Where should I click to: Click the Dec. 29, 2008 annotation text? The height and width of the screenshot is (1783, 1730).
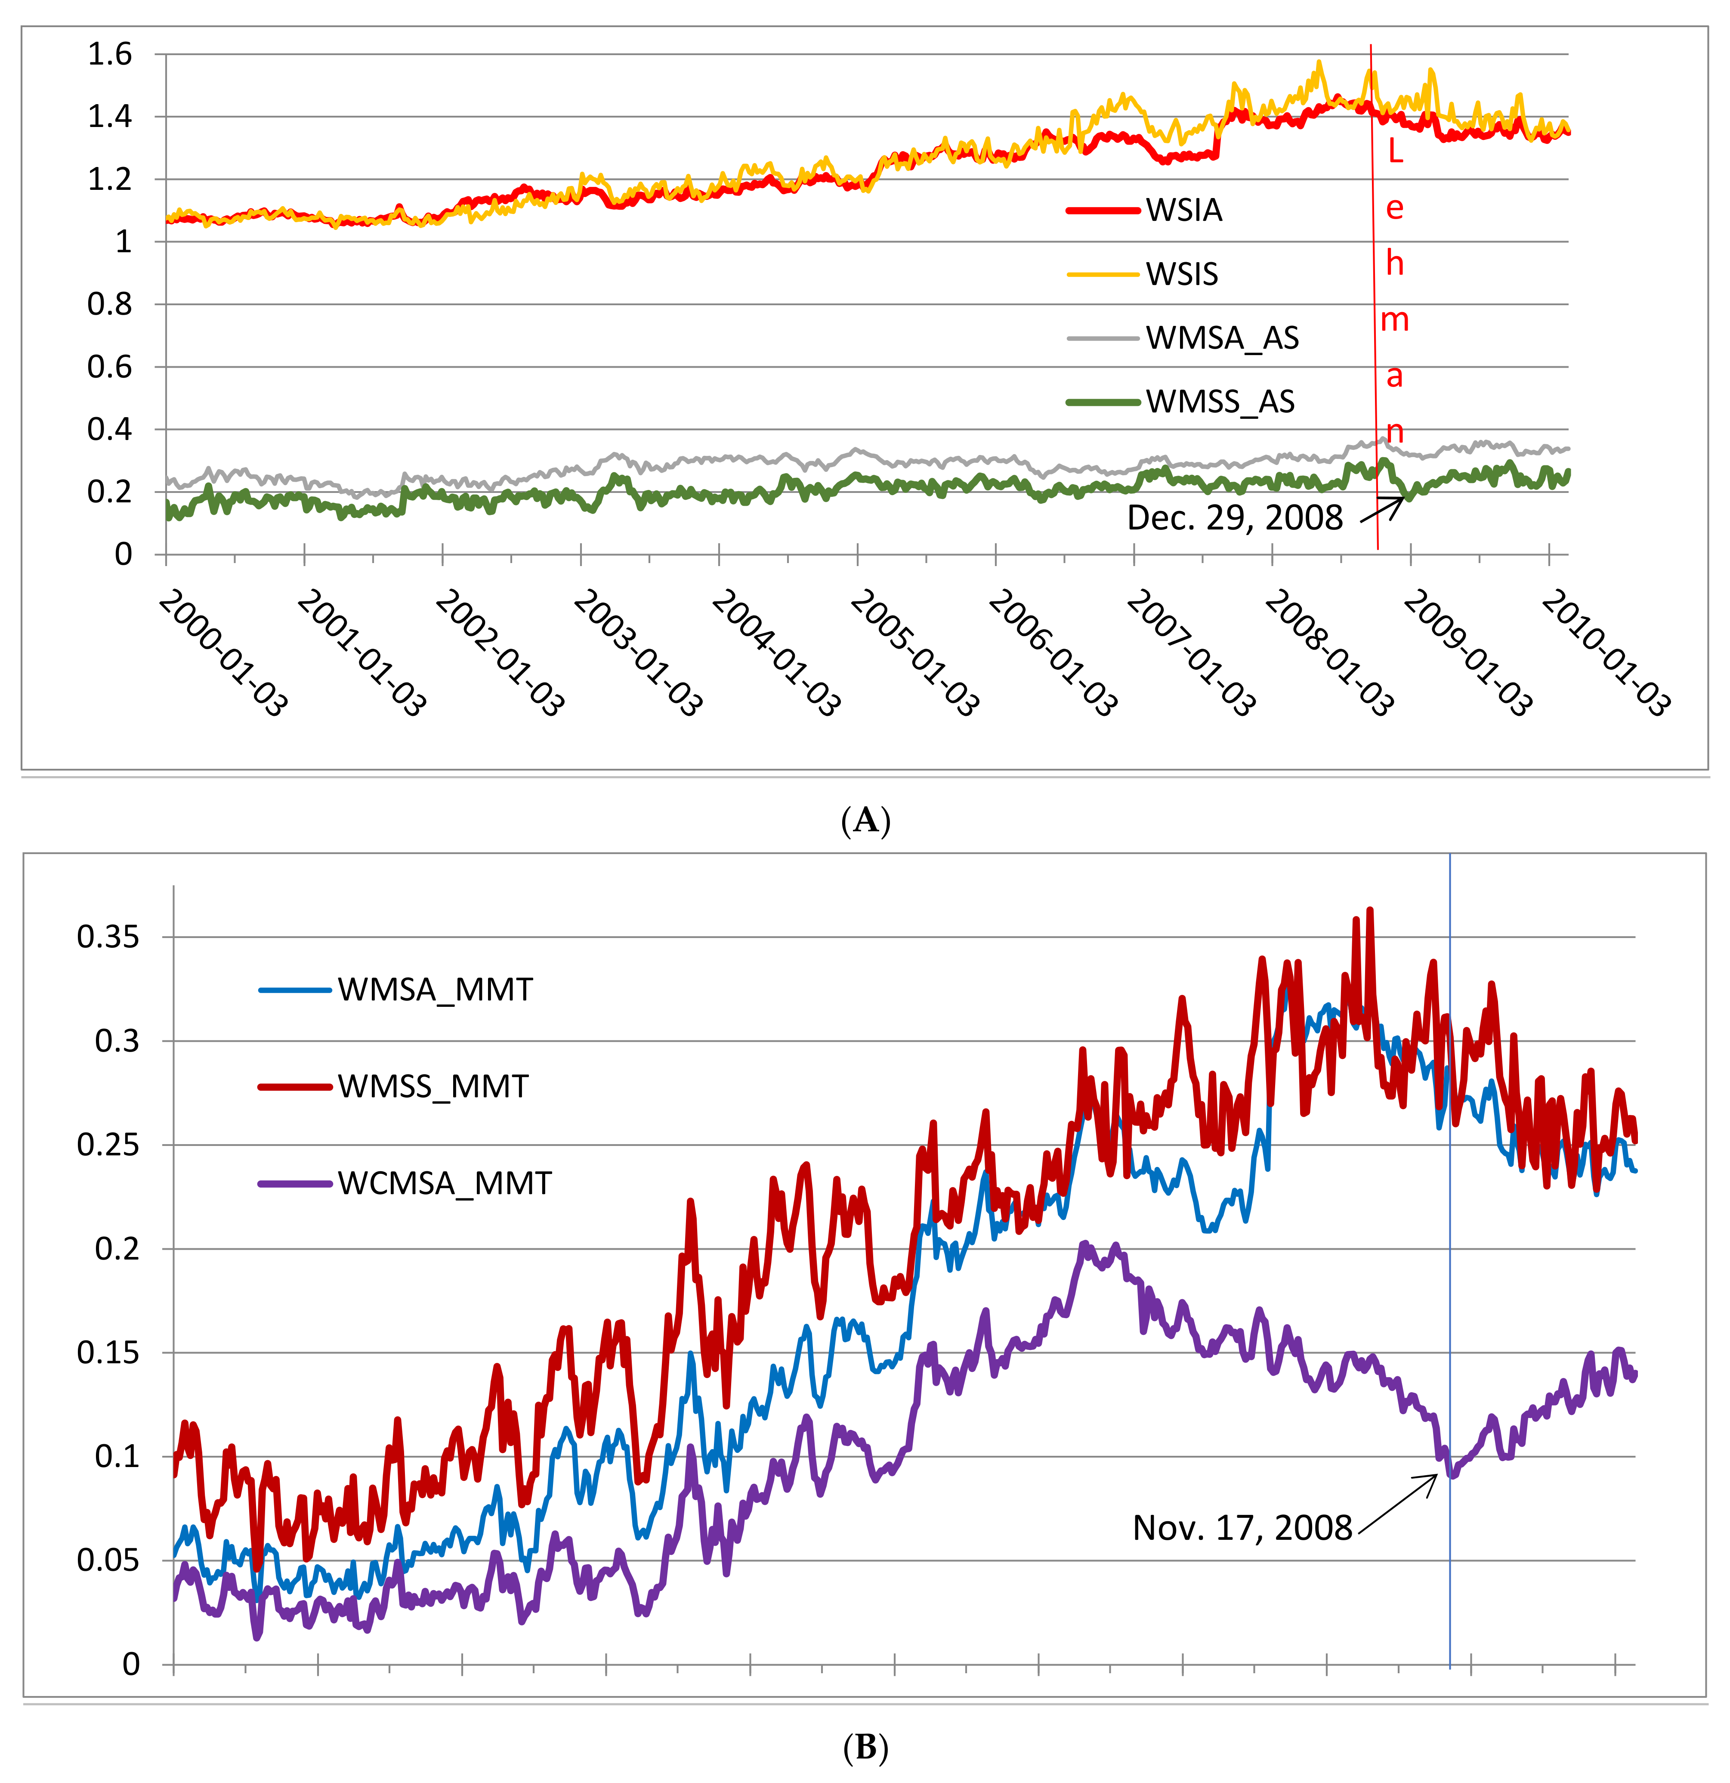(1234, 517)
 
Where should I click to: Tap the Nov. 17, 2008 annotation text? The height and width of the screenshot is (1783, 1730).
(1242, 1527)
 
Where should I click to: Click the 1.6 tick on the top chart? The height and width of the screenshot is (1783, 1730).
(110, 55)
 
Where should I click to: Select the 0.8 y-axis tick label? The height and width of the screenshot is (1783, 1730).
(110, 304)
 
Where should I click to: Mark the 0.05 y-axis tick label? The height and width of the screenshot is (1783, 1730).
(108, 1560)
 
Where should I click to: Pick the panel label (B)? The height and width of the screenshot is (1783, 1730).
(865, 1748)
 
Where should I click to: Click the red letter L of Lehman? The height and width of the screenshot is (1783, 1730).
(1395, 152)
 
